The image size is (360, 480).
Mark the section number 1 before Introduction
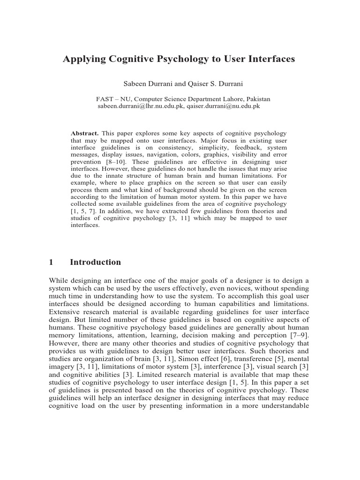(51, 262)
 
